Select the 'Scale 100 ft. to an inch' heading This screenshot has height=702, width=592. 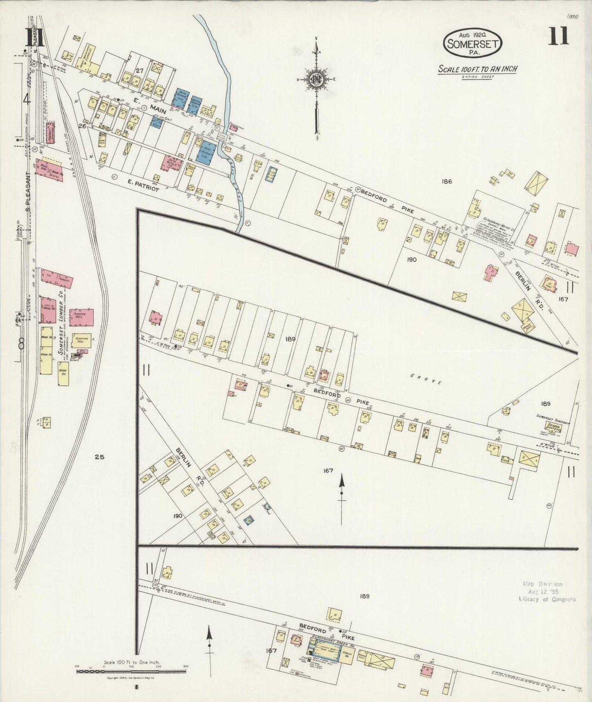coord(477,69)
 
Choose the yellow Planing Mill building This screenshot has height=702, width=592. coord(82,340)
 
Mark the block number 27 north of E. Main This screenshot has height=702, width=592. coord(140,70)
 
